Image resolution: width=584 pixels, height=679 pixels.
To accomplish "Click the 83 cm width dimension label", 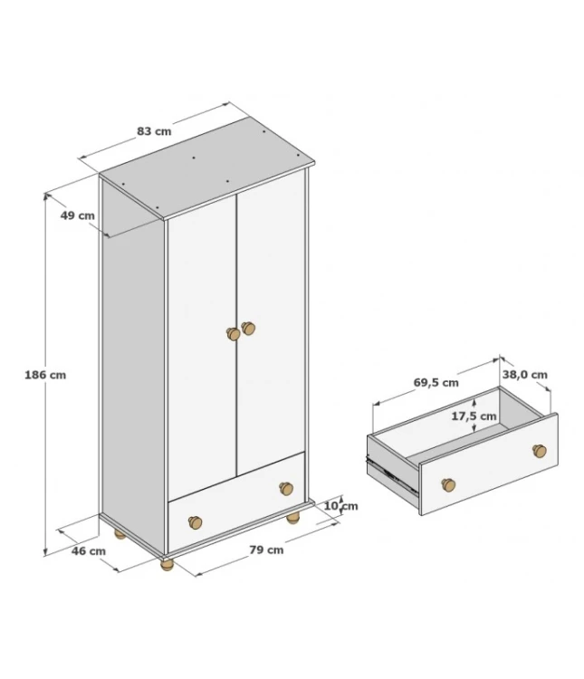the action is [154, 131].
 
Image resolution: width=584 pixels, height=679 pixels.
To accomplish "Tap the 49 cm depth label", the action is [78, 215].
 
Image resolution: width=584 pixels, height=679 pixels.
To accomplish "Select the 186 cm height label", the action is [45, 375].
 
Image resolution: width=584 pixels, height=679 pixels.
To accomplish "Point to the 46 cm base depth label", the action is [89, 551].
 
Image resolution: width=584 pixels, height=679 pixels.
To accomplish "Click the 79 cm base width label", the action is [266, 550].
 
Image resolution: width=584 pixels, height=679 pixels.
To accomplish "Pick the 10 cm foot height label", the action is [341, 506].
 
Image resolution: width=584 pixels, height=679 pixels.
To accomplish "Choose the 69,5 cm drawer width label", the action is [436, 383].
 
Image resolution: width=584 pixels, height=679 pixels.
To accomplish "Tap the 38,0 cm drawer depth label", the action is [525, 375].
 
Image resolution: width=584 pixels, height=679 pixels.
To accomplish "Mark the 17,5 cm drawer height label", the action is [474, 416].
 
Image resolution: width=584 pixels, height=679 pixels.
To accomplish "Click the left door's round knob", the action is [233, 334].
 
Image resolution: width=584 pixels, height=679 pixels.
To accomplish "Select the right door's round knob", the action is [248, 329].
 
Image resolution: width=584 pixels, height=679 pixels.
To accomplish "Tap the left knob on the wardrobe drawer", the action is [195, 522].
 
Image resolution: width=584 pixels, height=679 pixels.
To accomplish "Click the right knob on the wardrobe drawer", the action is [286, 489].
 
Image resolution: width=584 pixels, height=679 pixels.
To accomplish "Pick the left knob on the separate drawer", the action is [448, 484].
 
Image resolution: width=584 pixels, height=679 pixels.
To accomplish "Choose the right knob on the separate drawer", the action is [540, 451].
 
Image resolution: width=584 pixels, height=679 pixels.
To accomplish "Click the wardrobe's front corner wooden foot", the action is [167, 565].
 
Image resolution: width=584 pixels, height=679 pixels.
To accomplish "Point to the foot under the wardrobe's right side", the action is [293, 518].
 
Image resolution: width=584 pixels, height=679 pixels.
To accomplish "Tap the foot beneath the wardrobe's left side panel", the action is [120, 534].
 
